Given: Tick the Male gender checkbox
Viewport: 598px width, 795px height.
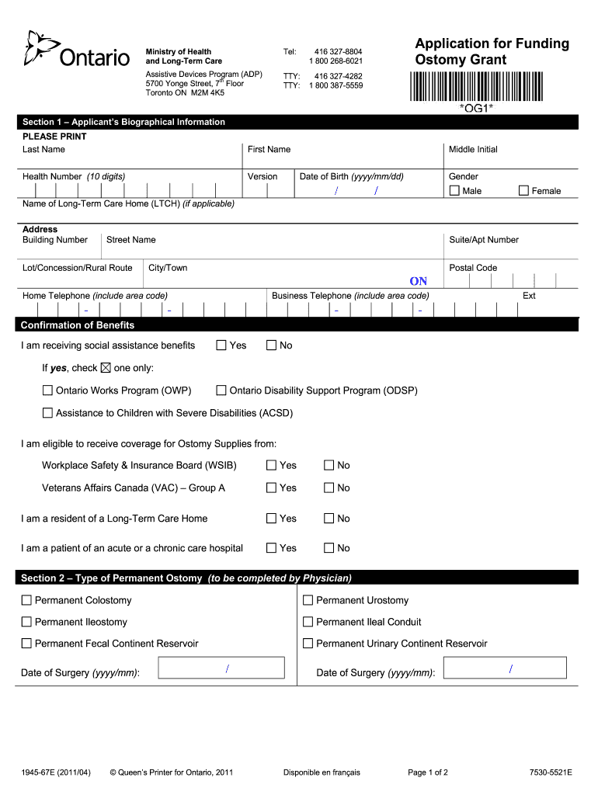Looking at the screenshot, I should pyautogui.click(x=455, y=191).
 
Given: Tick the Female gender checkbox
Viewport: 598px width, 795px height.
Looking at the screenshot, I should pyautogui.click(x=523, y=191).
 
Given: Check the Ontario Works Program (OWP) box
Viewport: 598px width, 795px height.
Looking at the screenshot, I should pyautogui.click(x=48, y=391).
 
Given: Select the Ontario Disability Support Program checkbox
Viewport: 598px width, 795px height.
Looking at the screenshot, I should pyautogui.click(x=221, y=391).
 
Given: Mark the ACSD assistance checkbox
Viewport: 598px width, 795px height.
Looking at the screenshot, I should pyautogui.click(x=48, y=413).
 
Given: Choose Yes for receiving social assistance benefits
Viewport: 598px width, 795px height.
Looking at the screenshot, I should pyautogui.click(x=221, y=345).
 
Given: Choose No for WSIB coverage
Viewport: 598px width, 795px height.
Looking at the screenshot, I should pyautogui.click(x=329, y=466).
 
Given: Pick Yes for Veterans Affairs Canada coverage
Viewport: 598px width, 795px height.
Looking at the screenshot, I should pyautogui.click(x=272, y=488).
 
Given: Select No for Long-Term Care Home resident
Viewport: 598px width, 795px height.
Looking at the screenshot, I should pyautogui.click(x=329, y=519).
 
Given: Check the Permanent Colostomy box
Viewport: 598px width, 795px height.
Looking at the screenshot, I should pyautogui.click(x=27, y=600).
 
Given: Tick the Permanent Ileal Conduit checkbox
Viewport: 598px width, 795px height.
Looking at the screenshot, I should pyautogui.click(x=308, y=622).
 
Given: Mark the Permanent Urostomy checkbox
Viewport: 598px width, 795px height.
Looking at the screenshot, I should pyautogui.click(x=308, y=600).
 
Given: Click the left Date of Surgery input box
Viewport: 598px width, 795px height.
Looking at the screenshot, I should pyautogui.click(x=221, y=668).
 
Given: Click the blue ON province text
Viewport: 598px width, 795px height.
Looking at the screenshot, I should pyautogui.click(x=419, y=281).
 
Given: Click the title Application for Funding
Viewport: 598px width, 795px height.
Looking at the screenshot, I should pyautogui.click(x=492, y=43).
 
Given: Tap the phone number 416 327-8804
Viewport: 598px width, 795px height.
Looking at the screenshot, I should pyautogui.click(x=338, y=51).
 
